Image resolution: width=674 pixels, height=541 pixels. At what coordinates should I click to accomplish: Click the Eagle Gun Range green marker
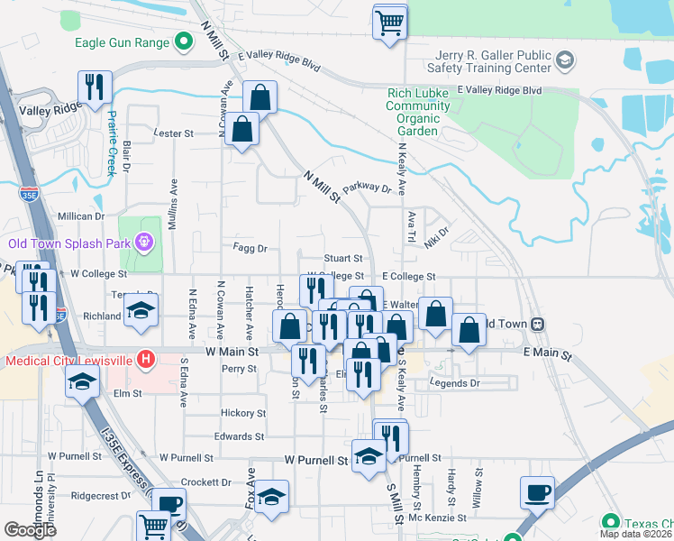[x=185, y=41]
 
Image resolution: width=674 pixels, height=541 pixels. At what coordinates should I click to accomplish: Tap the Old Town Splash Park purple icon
[x=142, y=242]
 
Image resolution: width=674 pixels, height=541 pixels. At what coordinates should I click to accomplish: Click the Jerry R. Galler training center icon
[x=565, y=60]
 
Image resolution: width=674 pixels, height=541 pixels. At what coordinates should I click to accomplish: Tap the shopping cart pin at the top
[x=390, y=23]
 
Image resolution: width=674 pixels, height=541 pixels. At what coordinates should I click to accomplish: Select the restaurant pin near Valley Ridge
[x=94, y=88]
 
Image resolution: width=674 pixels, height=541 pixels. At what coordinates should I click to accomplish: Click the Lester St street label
[x=174, y=133]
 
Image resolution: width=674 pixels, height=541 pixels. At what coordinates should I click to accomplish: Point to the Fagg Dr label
[x=250, y=248]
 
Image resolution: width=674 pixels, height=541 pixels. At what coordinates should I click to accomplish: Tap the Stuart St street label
[x=343, y=259]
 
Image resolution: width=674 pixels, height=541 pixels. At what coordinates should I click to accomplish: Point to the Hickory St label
[x=243, y=413]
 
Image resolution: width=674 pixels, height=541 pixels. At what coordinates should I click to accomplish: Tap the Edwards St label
[x=239, y=436]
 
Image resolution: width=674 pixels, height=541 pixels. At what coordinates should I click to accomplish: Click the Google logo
[x=30, y=530]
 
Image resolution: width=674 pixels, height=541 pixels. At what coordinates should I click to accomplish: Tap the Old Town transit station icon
[x=537, y=324]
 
